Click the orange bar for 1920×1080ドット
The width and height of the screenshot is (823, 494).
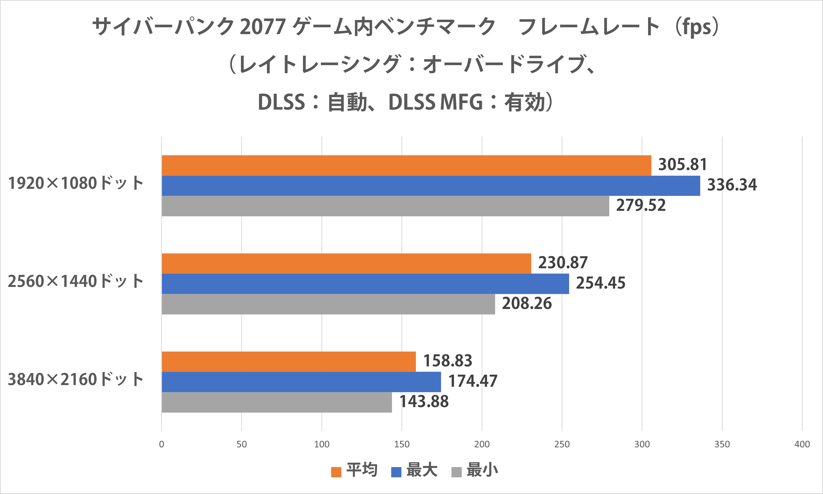coord(406,165)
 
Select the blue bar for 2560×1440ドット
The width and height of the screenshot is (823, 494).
coord(365,283)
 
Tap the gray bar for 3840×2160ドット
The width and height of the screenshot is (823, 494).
coord(277,402)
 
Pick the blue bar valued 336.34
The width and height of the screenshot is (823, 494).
coord(431,186)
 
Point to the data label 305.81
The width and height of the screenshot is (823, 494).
coord(682,164)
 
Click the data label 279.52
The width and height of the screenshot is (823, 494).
coord(641,205)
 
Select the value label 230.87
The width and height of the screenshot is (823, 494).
coord(563,263)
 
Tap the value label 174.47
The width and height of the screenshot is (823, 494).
coord(473,381)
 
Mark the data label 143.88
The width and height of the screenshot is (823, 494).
coord(424,402)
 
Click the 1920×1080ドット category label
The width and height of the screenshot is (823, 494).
coord(75,183)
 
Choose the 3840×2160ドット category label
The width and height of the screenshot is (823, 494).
coord(75,379)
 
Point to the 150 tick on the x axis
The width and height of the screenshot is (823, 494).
coord(402,444)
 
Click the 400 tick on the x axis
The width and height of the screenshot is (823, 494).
coord(802,444)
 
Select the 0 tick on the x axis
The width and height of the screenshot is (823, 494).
coord(161,444)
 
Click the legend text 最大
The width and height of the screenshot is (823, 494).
coord(422,470)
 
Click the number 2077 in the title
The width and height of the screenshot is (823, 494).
coord(263,27)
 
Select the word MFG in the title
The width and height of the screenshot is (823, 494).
coord(461,102)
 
